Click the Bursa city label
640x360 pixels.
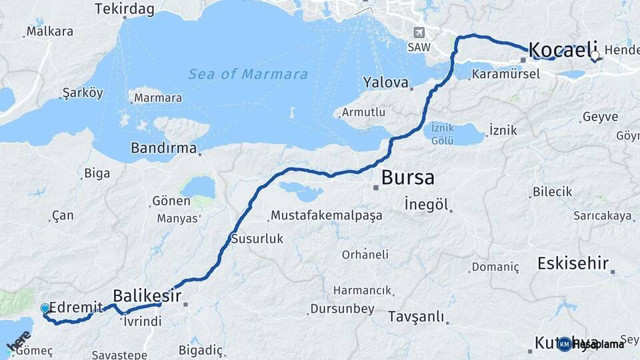coord(407,178)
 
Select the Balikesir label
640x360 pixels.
coord(147,295)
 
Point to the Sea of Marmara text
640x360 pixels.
coord(248,74)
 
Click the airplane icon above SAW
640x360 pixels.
coord(419,33)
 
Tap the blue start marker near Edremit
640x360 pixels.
coord(45,309)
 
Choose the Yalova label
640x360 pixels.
coord(385,83)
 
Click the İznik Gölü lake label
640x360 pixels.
coord(443,133)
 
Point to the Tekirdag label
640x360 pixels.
coord(125,9)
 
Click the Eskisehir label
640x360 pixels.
coord(573,263)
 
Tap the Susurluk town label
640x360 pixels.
coord(257,238)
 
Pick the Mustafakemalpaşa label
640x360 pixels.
coord(326,215)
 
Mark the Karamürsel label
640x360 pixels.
coord(505,73)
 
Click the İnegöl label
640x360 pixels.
coord(427,205)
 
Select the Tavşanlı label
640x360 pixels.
coord(415,316)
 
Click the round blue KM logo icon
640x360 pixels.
coord(564,344)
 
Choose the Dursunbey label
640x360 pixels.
coord(343,309)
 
